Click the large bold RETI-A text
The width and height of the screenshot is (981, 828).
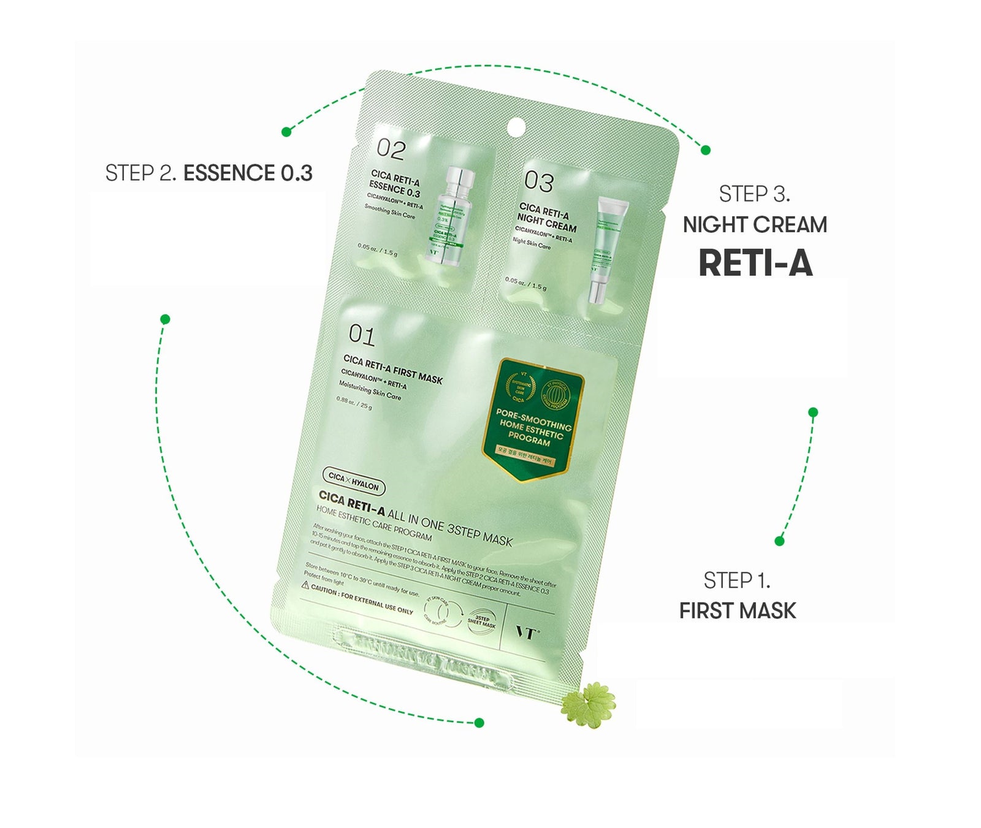(755, 264)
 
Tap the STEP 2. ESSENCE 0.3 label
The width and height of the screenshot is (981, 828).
(208, 173)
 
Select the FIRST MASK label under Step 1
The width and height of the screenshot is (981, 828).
(737, 610)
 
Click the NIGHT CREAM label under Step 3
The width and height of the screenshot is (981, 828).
(755, 225)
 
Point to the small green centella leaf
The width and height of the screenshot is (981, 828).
(588, 705)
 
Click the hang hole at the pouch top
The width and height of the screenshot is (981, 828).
(516, 127)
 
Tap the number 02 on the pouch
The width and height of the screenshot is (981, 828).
(391, 149)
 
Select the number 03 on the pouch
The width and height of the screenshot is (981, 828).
(538, 181)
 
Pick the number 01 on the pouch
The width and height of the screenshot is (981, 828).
(362, 335)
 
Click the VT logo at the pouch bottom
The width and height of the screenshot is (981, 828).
(526, 632)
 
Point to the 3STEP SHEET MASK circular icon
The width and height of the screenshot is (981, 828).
(481, 621)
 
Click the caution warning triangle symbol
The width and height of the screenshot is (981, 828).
(305, 585)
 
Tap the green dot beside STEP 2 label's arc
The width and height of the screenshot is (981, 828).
(286, 132)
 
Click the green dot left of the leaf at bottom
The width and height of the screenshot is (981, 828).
(479, 723)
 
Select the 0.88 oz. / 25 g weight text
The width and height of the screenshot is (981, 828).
(354, 403)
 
